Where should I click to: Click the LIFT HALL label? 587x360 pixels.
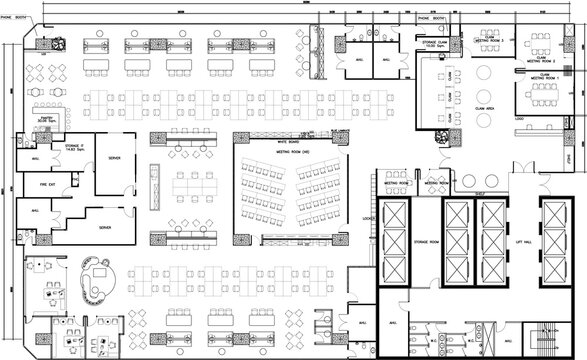(x=522, y=243)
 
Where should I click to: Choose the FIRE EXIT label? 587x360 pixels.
(x=46, y=185)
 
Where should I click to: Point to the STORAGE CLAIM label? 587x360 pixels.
(x=435, y=43)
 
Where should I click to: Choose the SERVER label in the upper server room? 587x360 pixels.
(x=116, y=158)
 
